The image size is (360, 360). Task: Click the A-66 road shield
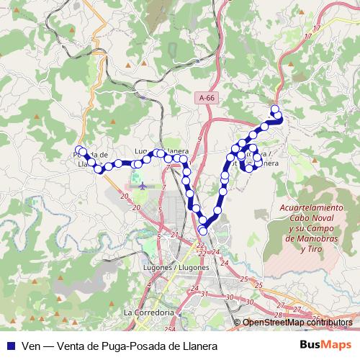(207, 97)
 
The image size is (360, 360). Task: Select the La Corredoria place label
(149, 313)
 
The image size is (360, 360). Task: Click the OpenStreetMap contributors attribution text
(297, 323)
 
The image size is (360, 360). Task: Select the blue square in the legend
(11, 346)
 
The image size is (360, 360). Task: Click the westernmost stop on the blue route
(81, 151)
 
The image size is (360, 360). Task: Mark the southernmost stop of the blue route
(203, 230)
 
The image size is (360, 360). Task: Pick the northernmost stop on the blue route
(274, 109)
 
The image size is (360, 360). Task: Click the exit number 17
(309, 35)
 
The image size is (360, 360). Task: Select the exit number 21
(175, 235)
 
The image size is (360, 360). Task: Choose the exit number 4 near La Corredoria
(148, 286)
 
